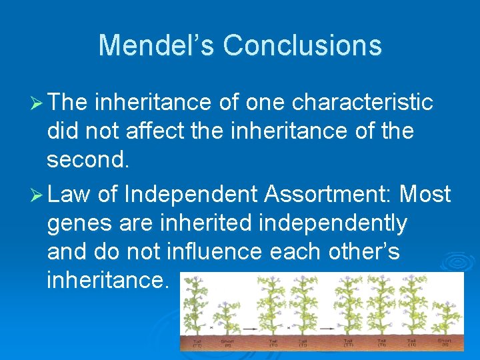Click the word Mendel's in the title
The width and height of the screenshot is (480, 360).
(157, 45)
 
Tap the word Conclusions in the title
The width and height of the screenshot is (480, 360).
(302, 45)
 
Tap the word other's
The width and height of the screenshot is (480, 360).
(369, 252)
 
